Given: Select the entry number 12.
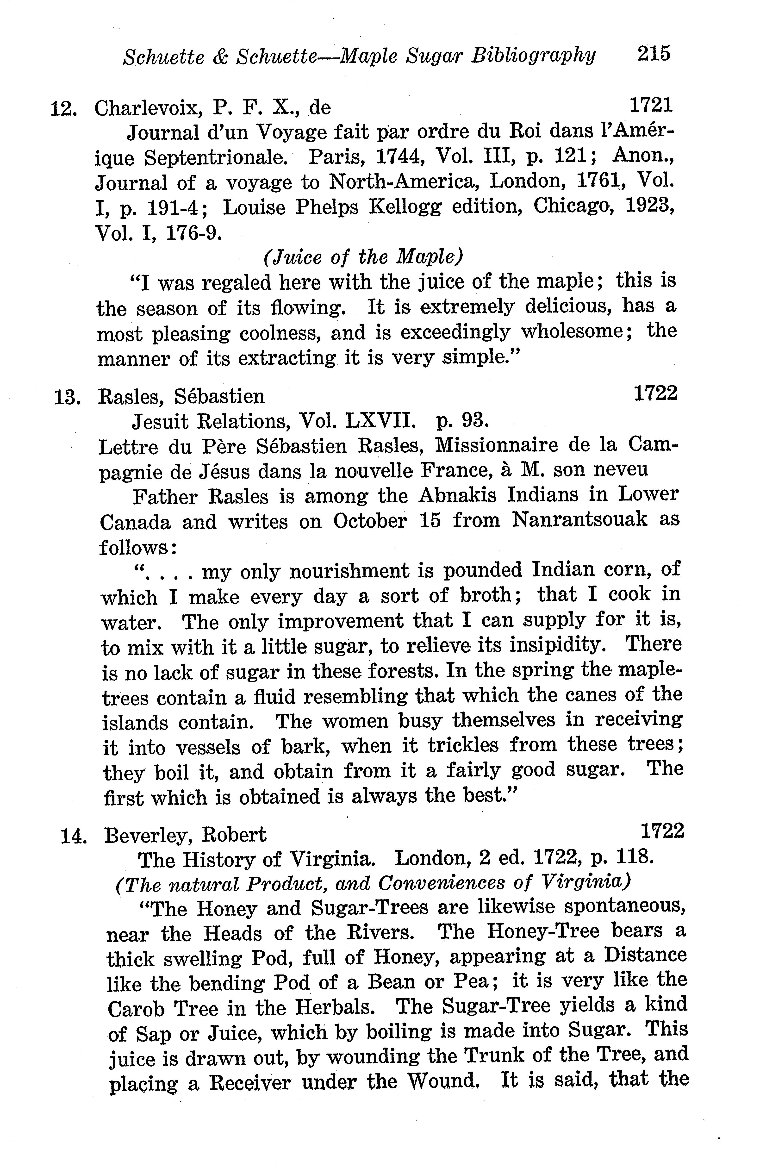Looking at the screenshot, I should pos(63,108).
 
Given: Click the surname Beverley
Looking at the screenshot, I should pos(143,836).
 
